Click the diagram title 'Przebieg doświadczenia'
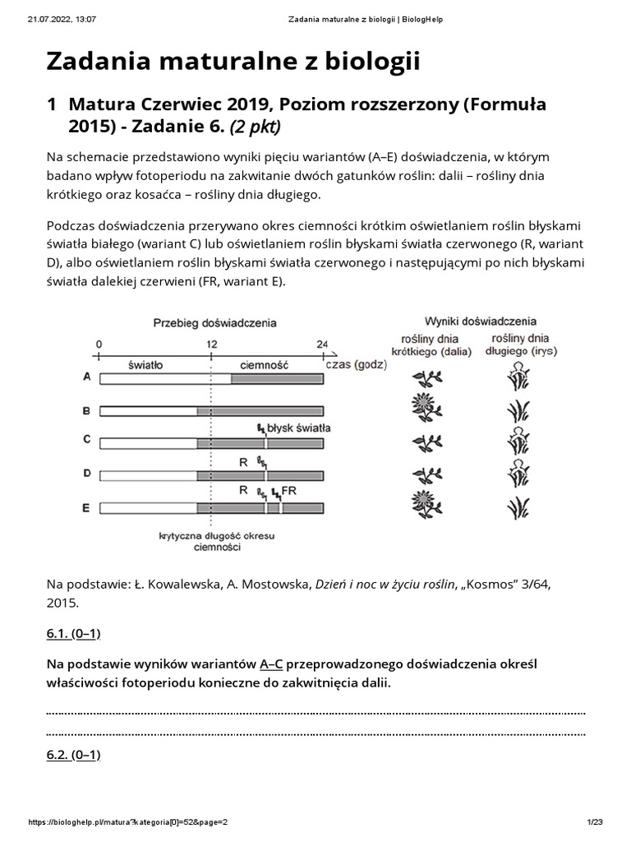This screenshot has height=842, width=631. click(x=210, y=323)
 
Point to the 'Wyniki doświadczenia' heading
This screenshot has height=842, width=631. click(x=480, y=321)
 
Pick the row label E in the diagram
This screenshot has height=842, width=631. click(x=87, y=508)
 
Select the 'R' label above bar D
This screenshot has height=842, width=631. click(x=243, y=461)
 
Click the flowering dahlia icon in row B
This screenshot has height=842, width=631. click(x=427, y=409)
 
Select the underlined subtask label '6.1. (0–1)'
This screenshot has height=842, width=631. click(x=74, y=633)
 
